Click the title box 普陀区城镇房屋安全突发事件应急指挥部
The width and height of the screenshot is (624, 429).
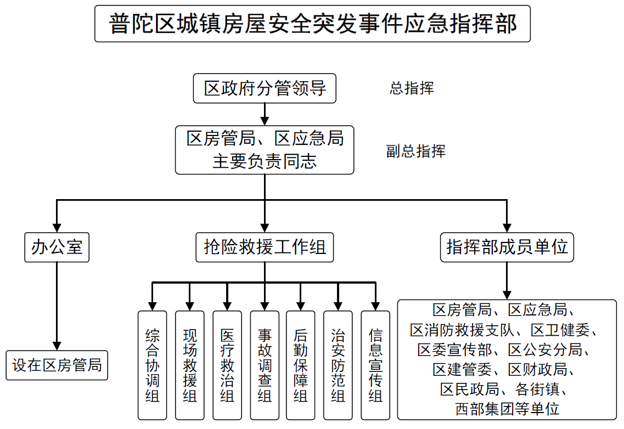click(312, 24)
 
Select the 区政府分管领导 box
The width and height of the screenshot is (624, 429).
click(265, 88)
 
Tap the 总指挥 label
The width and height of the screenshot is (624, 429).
click(412, 88)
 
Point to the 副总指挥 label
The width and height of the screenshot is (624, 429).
click(415, 151)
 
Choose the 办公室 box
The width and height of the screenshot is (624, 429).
click(57, 247)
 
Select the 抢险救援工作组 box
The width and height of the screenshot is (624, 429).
click(265, 247)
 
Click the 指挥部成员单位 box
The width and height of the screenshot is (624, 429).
click(507, 247)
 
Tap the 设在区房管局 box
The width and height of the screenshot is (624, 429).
click(57, 365)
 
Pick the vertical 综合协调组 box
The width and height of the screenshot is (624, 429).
click(152, 365)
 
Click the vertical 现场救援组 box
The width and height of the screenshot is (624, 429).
click(189, 365)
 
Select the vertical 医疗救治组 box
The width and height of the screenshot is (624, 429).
click(227, 365)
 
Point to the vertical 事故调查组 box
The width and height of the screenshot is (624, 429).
click(265, 365)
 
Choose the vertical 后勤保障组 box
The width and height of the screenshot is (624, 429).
click(300, 365)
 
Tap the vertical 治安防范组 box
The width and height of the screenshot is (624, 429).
click(338, 365)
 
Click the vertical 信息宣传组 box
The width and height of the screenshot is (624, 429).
click(375, 365)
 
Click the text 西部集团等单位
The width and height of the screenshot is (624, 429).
click(507, 409)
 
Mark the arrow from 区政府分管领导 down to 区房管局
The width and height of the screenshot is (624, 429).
click(265, 115)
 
